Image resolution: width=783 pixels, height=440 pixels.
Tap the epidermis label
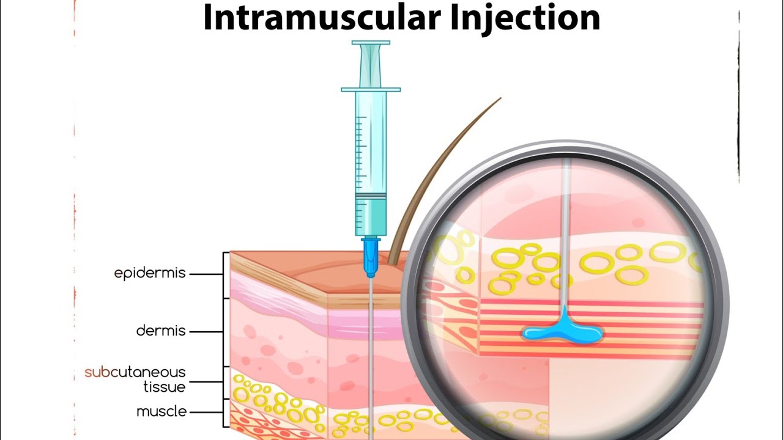pyautogui.click(x=150, y=273)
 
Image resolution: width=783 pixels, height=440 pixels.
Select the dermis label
pyautogui.click(x=161, y=331)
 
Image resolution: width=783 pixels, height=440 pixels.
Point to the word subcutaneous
pyautogui.click(x=135, y=372)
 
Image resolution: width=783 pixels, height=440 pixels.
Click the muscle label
pyautogui.click(x=161, y=411)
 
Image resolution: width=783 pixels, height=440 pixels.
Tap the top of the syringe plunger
pyautogui.click(x=371, y=43)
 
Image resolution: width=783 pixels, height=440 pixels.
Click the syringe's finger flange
pyautogui.click(x=371, y=90)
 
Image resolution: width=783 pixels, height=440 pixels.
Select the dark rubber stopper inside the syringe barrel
pyautogui.click(x=371, y=196)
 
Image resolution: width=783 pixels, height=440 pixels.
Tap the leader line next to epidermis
pyautogui.click(x=206, y=274)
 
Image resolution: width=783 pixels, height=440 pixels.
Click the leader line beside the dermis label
pyautogui.click(x=206, y=332)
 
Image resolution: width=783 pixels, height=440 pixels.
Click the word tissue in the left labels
pyautogui.click(x=165, y=387)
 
